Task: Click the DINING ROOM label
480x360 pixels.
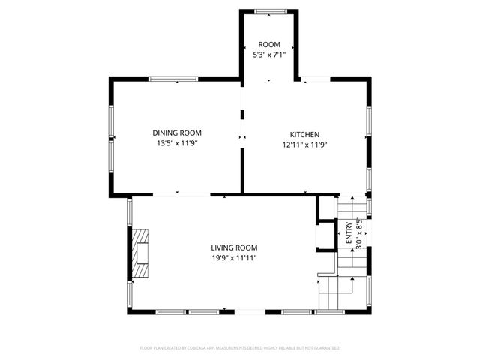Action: point(176,133)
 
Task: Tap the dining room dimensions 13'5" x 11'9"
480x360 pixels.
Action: point(176,142)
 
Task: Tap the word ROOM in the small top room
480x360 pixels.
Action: point(269,45)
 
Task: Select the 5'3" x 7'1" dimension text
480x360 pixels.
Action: point(269,55)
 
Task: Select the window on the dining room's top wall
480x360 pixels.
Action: point(172,79)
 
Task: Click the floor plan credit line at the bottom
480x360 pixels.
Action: point(240,348)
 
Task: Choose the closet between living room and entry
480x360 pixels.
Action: point(325,235)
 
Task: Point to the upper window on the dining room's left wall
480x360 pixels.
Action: point(111,121)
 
